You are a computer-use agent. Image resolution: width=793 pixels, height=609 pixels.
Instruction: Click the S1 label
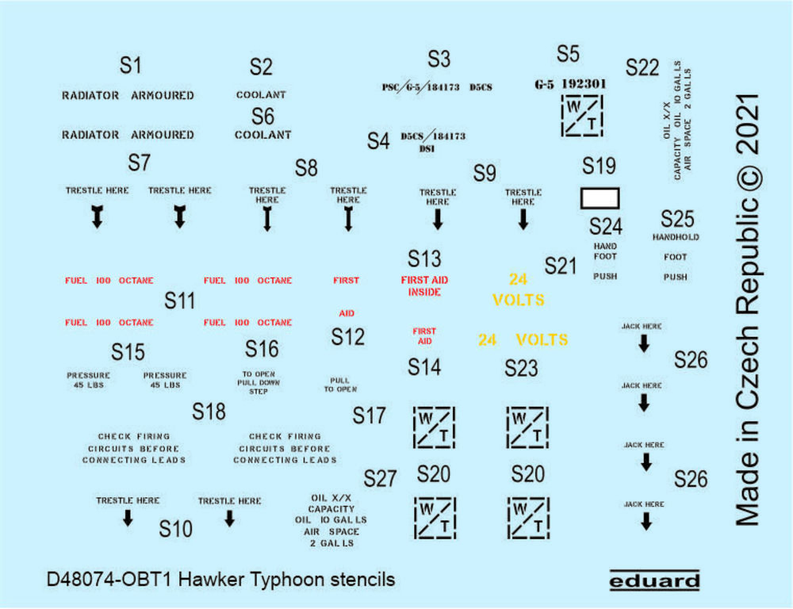pos(130,66)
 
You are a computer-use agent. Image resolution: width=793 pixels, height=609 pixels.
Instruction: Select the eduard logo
pos(655,581)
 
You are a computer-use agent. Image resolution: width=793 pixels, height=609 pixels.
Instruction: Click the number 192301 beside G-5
pos(584,82)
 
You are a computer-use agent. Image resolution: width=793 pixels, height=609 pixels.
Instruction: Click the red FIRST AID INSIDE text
pos(424,286)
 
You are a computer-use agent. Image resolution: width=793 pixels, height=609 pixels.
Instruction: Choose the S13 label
pos(424,259)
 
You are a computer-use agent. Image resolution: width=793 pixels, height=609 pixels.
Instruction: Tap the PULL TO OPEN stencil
pos(340,385)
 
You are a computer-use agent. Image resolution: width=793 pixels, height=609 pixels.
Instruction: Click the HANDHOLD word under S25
pos(676,237)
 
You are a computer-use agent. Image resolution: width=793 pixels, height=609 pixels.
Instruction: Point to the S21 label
pos(561,266)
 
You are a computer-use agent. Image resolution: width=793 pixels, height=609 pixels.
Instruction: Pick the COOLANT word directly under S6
pos(263,135)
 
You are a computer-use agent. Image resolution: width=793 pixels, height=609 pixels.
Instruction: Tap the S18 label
pos(209,411)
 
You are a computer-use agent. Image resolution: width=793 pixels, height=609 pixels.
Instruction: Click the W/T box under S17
pos(435,427)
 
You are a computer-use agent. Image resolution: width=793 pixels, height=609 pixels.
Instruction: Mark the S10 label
pos(175,528)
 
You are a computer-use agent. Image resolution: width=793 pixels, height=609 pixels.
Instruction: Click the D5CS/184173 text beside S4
pos(433,136)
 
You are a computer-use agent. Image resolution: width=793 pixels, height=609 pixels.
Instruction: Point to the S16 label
pos(262,349)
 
